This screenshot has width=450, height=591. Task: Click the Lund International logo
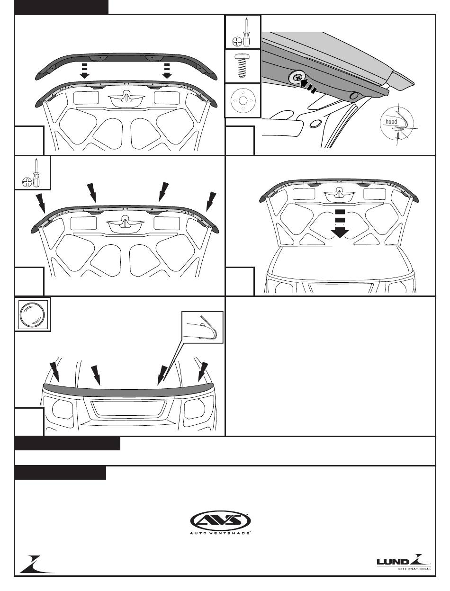[404, 562]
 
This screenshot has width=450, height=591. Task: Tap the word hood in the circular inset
[391, 122]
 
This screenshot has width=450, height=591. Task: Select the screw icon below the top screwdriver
[243, 66]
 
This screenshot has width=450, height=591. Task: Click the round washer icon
[243, 101]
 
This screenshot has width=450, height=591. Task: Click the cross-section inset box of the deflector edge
[203, 327]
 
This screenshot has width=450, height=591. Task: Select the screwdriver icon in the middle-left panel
[32, 173]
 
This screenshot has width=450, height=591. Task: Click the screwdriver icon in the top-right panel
[243, 32]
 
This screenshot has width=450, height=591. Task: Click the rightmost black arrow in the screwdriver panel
[211, 201]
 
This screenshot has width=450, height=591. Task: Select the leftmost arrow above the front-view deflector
[55, 372]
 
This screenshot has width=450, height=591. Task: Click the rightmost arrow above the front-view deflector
[203, 372]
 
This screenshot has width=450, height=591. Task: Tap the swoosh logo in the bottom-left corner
[36, 564]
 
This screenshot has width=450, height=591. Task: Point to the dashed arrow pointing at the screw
[307, 86]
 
